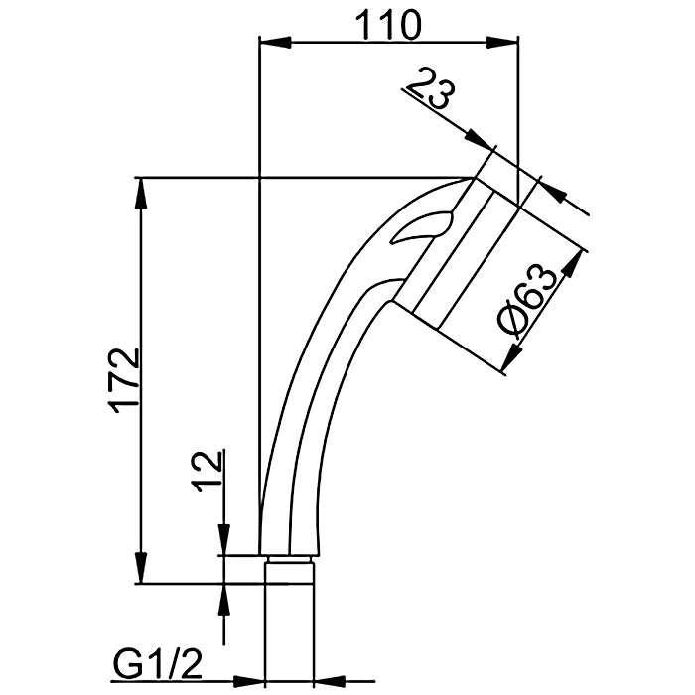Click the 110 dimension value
click(x=389, y=25)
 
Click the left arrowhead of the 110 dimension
click(x=275, y=43)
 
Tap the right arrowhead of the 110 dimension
click(x=501, y=43)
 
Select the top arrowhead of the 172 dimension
click(x=141, y=194)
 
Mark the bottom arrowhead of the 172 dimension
click(x=141, y=567)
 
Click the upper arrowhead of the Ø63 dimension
click(x=572, y=264)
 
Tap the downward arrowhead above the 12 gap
click(x=224, y=539)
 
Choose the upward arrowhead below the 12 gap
click(x=224, y=600)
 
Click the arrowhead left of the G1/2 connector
click(x=248, y=681)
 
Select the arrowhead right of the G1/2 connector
click(x=330, y=681)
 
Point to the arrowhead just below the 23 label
click(x=480, y=139)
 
